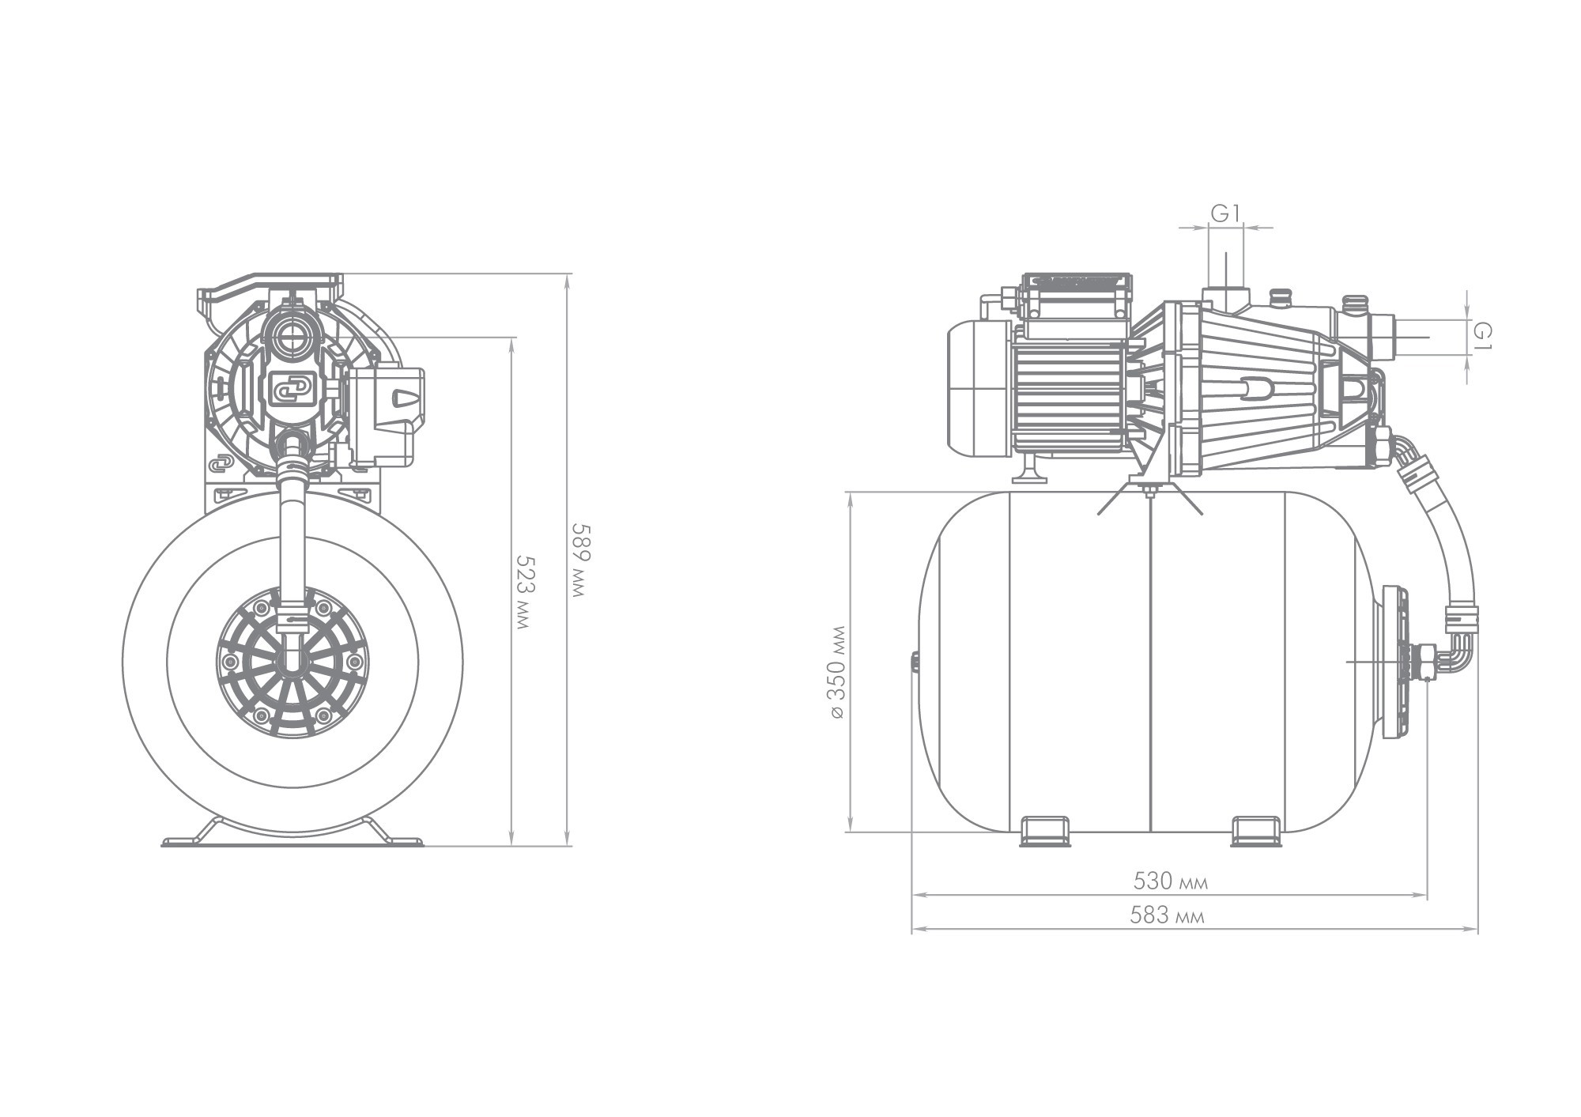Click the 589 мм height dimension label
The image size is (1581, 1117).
click(x=582, y=560)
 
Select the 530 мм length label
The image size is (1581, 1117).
click(x=1171, y=881)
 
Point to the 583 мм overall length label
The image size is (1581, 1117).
click(x=1168, y=915)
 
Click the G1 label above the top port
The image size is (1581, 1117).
click(x=1225, y=213)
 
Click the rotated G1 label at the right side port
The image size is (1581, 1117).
click(x=1481, y=335)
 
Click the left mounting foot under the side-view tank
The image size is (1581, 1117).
click(x=1044, y=831)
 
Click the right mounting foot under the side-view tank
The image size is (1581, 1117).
click(x=1256, y=831)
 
